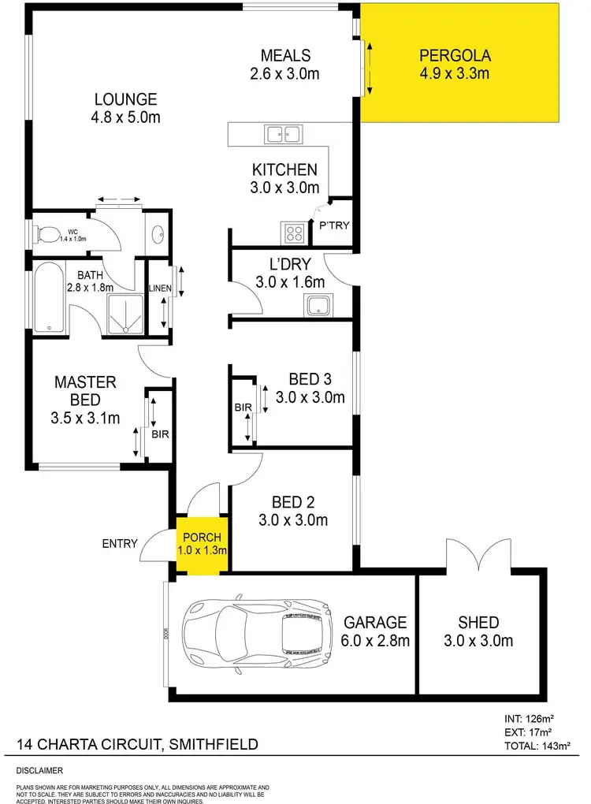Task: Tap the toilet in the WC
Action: click(x=49, y=233)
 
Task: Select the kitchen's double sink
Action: click(x=283, y=134)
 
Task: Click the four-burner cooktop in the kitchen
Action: click(x=295, y=233)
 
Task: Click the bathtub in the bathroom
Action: click(x=49, y=300)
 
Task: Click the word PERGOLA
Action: click(x=455, y=56)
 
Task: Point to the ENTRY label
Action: click(x=120, y=543)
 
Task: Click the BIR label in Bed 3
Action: click(x=242, y=408)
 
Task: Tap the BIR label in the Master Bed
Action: click(x=159, y=434)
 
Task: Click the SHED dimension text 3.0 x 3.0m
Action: click(x=480, y=641)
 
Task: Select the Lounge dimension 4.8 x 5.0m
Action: click(x=126, y=118)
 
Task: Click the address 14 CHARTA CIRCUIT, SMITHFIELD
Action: click(x=137, y=744)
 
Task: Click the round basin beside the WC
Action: click(x=157, y=233)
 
